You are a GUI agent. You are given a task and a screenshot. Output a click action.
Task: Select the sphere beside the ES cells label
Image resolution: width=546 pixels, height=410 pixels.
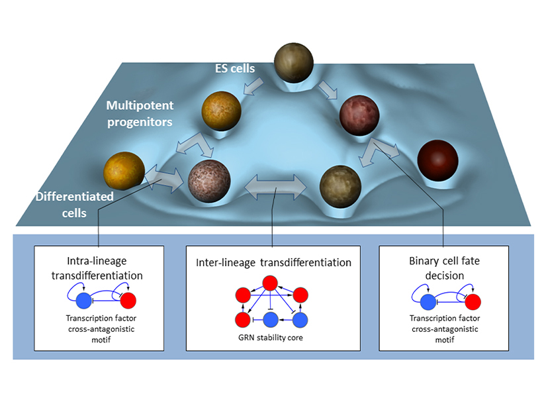coord(296,64)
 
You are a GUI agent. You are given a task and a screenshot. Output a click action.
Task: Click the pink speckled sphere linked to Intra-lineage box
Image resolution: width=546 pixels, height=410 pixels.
coord(209,179)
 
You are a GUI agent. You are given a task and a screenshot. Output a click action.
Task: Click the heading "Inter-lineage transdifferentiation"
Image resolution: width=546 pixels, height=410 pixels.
coord(273,263)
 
